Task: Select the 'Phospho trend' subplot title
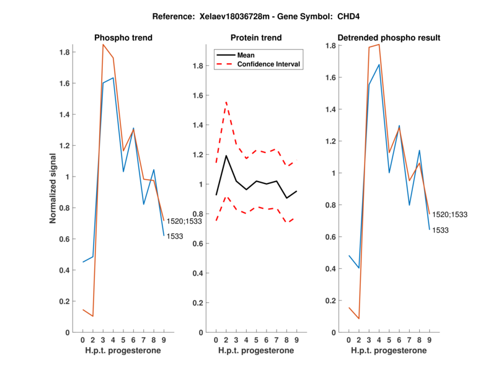click(x=123, y=38)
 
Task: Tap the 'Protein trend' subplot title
click(x=257, y=38)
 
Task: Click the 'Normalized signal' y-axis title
click(x=54, y=188)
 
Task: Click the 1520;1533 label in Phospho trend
click(x=185, y=221)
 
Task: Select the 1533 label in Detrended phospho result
click(x=441, y=230)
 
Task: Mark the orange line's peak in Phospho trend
click(x=103, y=44)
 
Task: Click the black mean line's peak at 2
click(x=226, y=156)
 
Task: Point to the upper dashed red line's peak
click(x=226, y=102)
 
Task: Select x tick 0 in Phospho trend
click(x=82, y=340)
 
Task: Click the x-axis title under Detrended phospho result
click(x=389, y=350)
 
